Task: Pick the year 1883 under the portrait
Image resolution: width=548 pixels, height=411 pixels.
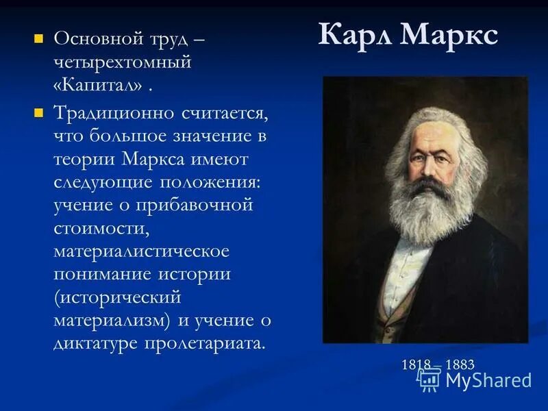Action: coord(460,364)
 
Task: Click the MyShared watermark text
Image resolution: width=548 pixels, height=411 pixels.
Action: coord(488,380)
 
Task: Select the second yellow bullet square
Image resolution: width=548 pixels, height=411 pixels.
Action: coord(39,110)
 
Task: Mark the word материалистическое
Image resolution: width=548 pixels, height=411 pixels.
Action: coord(142,253)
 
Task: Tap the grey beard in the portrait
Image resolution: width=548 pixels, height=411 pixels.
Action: coord(425,212)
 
